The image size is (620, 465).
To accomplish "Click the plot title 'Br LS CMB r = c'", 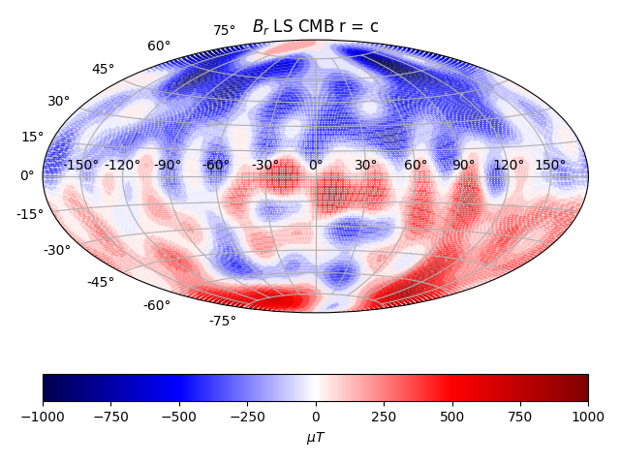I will tap(315, 27).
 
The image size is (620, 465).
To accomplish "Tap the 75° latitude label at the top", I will tap(225, 31).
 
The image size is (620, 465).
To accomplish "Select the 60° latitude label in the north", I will tap(159, 46).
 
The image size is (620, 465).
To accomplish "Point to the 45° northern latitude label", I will tap(104, 70).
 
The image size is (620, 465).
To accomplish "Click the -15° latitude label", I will tap(29, 214).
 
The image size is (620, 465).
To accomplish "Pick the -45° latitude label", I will tap(101, 282).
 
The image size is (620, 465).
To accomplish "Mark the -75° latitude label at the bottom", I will tap(222, 321).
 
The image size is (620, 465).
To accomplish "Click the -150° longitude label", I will tap(81, 166).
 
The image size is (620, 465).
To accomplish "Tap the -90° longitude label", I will tap(168, 166).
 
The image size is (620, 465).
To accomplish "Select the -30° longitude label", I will tap(265, 166).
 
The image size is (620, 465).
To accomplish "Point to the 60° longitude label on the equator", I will tap(416, 166).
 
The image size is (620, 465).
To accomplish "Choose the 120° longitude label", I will tap(509, 166).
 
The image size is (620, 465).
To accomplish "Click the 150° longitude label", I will tap(550, 166).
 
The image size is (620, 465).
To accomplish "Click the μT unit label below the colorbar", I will tap(316, 438).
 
